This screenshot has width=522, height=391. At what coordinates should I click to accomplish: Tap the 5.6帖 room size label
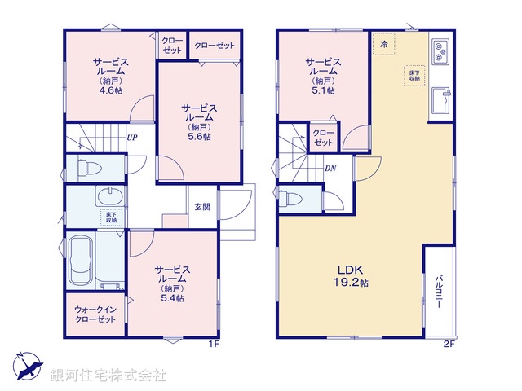point(199,137)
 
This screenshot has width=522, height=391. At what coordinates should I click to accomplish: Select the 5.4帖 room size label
point(172,298)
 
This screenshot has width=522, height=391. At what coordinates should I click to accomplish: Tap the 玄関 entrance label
point(202,207)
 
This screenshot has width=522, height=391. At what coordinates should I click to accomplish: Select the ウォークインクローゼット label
point(95,314)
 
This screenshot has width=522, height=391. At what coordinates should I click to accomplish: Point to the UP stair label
point(131,137)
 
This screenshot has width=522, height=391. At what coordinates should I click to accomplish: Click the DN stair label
point(330,169)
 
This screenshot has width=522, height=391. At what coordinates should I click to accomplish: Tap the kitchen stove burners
point(440,51)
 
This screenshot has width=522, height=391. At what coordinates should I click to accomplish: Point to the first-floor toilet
point(88,169)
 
